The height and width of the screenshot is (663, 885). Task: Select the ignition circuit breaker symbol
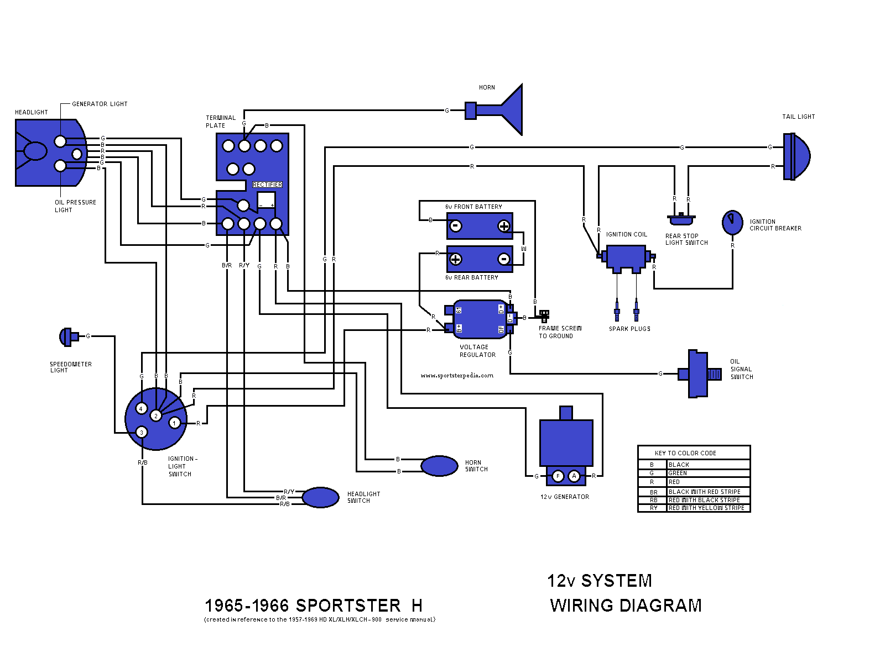pos(732,222)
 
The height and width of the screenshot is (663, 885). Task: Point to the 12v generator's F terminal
pos(558,476)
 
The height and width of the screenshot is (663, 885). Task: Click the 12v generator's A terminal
pos(574,476)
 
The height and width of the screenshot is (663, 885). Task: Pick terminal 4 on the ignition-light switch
pos(141,409)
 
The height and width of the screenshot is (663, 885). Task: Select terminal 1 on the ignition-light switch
pos(175,423)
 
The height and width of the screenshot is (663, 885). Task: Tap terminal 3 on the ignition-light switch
pos(142,432)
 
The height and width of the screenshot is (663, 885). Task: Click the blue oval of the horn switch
pos(439,466)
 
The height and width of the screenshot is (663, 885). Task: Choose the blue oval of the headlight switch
pos(320,497)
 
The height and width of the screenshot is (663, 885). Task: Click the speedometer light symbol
pos(67,336)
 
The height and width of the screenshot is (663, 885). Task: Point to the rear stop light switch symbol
pos(681,219)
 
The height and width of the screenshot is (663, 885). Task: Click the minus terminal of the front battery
pos(456,225)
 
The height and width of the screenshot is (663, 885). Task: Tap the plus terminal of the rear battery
pos(456,259)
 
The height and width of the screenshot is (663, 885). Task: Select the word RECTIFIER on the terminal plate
pos(267,185)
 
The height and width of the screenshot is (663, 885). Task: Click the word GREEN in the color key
pos(678,473)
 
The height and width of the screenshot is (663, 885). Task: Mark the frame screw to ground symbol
pos(544,315)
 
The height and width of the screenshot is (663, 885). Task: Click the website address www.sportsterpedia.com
pos(457,376)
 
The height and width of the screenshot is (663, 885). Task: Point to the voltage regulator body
pos(480,319)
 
